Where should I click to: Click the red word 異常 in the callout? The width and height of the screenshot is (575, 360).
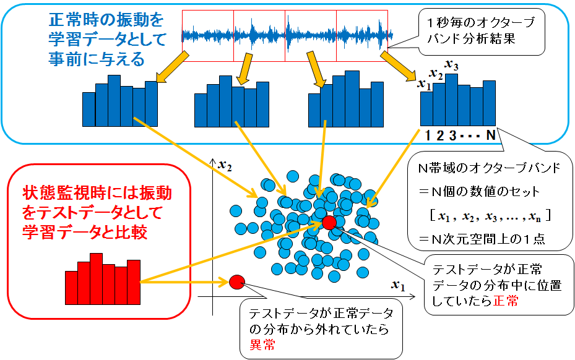(262, 345)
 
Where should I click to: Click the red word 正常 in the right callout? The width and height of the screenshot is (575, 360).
(506, 301)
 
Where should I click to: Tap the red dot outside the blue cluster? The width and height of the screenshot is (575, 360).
(237, 282)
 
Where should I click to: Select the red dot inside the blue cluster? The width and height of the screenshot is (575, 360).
(329, 223)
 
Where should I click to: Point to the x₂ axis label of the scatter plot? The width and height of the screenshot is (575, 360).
(225, 166)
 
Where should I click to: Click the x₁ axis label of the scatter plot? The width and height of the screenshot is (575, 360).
(398, 285)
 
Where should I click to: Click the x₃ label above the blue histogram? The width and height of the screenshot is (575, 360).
(451, 65)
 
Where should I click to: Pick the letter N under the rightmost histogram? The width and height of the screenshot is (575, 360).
(491, 135)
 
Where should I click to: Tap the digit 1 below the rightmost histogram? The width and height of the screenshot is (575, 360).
(427, 135)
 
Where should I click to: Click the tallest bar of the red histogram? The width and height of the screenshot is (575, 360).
(96, 278)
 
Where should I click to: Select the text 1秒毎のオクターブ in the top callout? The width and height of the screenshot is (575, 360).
(481, 23)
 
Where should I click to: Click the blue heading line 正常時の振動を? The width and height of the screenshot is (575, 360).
(106, 20)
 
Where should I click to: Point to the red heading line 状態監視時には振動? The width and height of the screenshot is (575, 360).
(98, 193)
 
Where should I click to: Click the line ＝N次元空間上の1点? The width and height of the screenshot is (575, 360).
(482, 239)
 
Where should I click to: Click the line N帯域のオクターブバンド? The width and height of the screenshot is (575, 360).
(490, 168)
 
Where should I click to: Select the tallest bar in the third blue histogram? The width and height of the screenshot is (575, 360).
(352, 99)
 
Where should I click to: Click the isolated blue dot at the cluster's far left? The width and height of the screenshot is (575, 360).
(236, 211)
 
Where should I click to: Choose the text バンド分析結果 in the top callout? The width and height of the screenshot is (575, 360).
(471, 39)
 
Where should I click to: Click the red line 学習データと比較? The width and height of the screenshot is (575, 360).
(85, 232)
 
